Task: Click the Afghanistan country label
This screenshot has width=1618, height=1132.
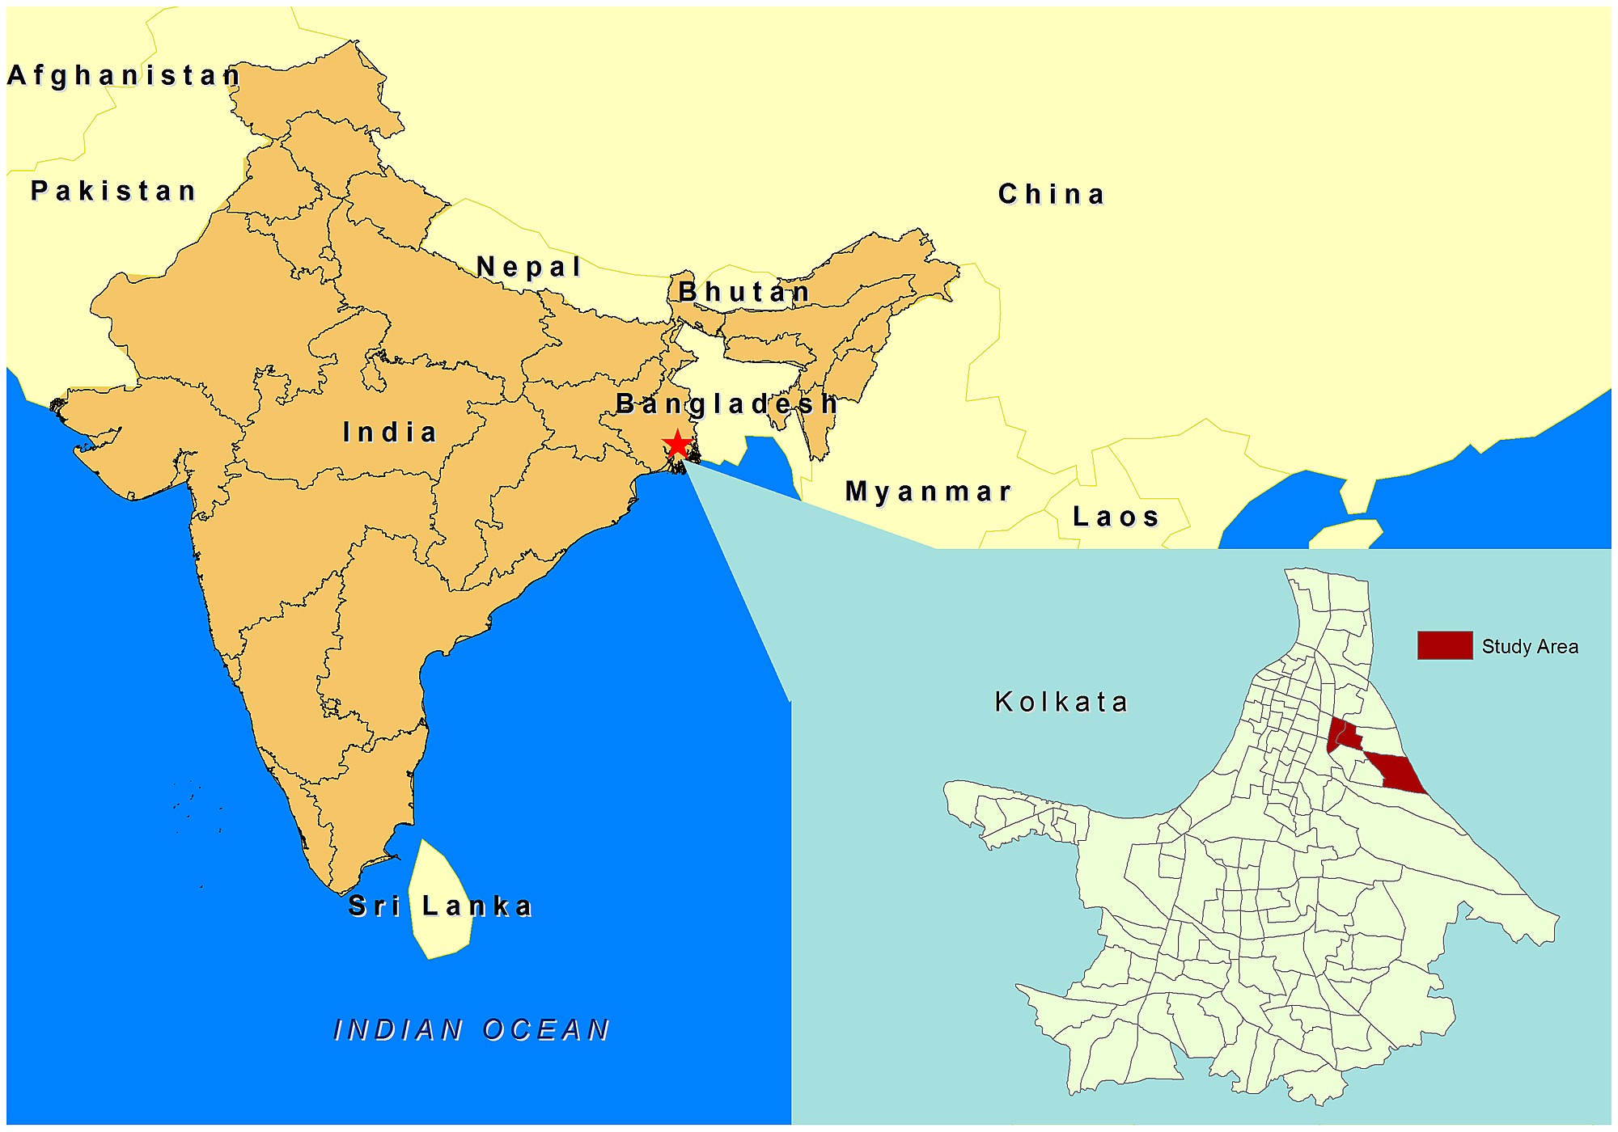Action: [x=124, y=75]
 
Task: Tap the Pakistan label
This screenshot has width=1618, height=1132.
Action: [x=113, y=191]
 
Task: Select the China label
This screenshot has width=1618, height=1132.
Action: [x=1051, y=194]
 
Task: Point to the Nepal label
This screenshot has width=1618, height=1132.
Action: [x=529, y=266]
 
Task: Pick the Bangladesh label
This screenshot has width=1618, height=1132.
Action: [x=726, y=403]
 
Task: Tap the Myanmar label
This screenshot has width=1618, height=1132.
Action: [x=928, y=491]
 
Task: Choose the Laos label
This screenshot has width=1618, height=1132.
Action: [x=1116, y=516]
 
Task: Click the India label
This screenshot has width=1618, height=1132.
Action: [x=390, y=432]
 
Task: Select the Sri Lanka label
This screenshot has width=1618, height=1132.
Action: [x=440, y=906]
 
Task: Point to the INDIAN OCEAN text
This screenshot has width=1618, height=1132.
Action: [x=472, y=1029]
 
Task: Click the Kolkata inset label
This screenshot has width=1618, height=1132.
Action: [x=1061, y=701]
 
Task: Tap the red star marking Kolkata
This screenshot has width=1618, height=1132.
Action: [x=676, y=444]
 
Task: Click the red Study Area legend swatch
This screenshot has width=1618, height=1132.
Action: [x=1444, y=645]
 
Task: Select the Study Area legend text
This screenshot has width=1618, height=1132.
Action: [x=1529, y=646]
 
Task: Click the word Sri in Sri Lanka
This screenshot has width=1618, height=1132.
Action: [x=374, y=906]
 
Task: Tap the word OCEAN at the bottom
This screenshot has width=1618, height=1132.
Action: [x=546, y=1029]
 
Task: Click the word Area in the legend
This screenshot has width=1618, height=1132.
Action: [x=1558, y=646]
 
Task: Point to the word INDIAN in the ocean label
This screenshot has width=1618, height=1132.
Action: [x=399, y=1029]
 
